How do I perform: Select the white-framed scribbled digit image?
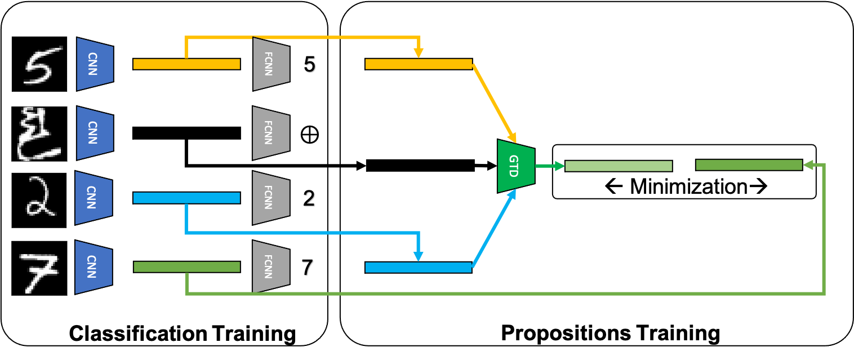[39, 134]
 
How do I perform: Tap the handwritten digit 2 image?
[41, 197]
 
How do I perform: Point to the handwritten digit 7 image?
[39, 273]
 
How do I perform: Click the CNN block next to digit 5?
[95, 64]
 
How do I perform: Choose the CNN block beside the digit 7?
[94, 267]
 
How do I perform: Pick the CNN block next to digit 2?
[94, 198]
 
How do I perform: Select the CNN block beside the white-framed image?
[95, 133]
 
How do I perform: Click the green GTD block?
[515, 166]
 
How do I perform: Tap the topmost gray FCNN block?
[270, 64]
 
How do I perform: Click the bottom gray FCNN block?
[270, 266]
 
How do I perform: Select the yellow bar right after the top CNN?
[186, 64]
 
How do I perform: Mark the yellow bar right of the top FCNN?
[419, 64]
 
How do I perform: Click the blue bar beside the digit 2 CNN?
[186, 198]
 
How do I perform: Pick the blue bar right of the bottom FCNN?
[419, 268]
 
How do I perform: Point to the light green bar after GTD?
[619, 166]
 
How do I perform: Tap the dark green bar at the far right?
[749, 165]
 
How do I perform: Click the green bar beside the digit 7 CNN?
[186, 267]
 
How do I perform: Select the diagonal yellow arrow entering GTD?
[494, 103]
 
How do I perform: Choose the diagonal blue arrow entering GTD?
[494, 229]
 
